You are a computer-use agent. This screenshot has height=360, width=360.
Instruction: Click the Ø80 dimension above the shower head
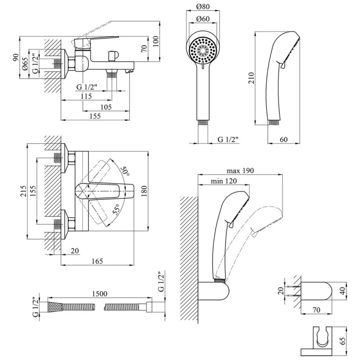(x=202, y=7)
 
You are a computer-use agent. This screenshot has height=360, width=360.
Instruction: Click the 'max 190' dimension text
(x=240, y=171)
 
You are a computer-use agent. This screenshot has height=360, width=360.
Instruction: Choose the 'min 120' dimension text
(x=224, y=181)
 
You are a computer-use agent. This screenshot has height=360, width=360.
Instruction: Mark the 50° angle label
(x=125, y=171)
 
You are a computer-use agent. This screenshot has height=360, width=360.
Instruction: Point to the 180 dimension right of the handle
(x=144, y=192)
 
